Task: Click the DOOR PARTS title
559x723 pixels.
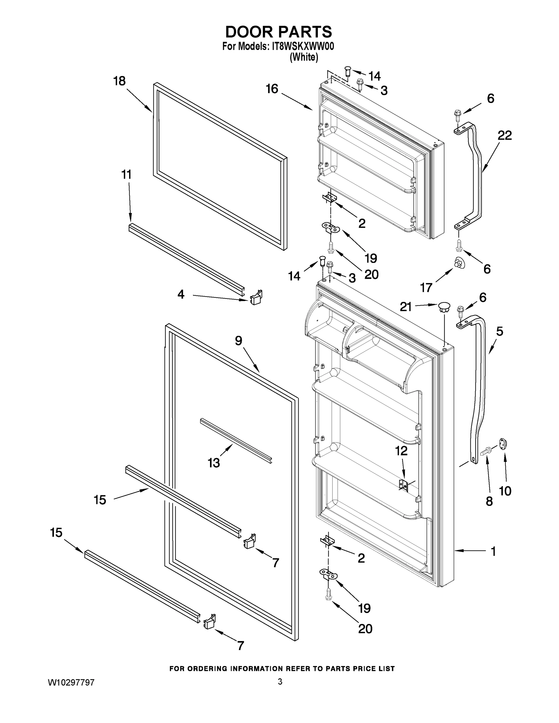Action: (x=278, y=32)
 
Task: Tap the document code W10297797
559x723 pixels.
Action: (x=71, y=682)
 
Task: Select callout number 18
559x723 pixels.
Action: (x=120, y=81)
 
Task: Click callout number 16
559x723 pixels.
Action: (x=272, y=89)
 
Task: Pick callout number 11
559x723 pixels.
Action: (x=127, y=174)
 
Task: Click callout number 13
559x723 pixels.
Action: (x=214, y=463)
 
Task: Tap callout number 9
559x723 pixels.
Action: (x=239, y=341)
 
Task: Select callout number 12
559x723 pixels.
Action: (x=401, y=451)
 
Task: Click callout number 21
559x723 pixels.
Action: (x=406, y=307)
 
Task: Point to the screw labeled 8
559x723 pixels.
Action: (x=486, y=451)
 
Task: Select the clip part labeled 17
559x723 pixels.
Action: (x=459, y=263)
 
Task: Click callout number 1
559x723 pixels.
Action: (x=493, y=551)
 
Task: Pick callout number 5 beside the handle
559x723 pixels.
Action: (x=500, y=331)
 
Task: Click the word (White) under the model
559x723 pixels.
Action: (x=304, y=58)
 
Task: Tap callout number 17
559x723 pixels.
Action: (x=426, y=288)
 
